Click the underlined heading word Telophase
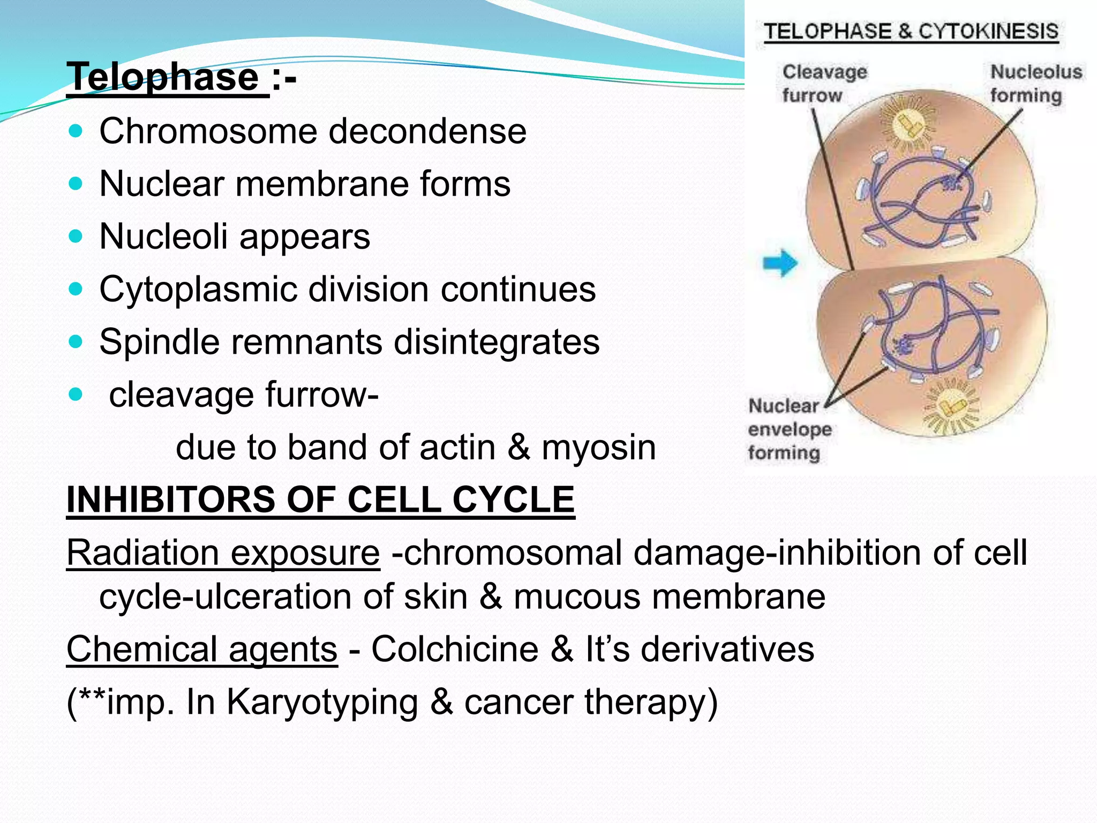click(163, 77)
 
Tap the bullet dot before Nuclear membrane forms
click(76, 184)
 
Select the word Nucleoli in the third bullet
click(163, 236)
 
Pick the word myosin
click(598, 447)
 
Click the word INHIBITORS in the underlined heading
click(171, 499)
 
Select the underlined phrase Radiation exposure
click(223, 552)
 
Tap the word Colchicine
click(455, 649)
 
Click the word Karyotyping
click(322, 702)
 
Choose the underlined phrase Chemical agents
click(202, 649)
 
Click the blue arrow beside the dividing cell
click(780, 263)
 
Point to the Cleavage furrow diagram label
click(824, 84)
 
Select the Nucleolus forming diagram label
click(1035, 84)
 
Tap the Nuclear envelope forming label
click(788, 429)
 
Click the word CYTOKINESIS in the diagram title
click(988, 32)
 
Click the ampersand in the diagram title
click(905, 32)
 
